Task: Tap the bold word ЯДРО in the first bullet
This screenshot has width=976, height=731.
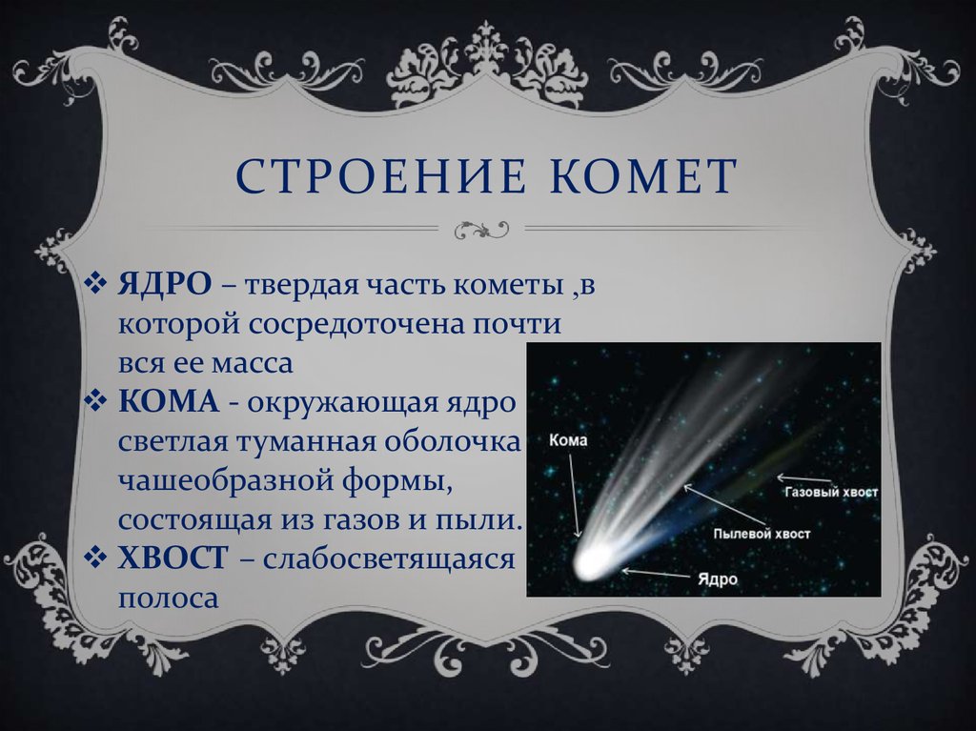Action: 165,285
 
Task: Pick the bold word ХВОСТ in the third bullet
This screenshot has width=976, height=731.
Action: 173,558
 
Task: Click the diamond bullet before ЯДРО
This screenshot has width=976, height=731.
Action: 95,284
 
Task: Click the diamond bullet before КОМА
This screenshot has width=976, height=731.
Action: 95,401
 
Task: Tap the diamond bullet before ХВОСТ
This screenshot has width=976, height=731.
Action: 95,558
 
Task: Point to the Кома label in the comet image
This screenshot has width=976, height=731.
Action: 568,440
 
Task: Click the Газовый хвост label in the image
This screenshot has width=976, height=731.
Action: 831,492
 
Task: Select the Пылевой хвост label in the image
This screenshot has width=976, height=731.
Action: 762,534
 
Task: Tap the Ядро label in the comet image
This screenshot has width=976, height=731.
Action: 718,579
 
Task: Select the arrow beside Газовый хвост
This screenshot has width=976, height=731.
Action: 803,479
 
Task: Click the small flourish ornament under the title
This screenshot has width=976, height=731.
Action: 481,229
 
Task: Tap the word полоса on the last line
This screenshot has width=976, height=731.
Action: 169,599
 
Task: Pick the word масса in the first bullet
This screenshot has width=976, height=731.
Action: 252,364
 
